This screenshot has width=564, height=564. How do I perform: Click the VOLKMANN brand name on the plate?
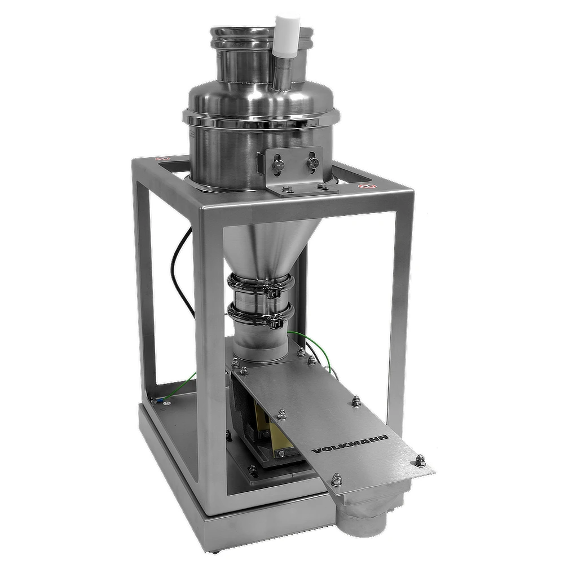pos(350,444)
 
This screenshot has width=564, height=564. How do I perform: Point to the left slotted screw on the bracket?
pos(279,165)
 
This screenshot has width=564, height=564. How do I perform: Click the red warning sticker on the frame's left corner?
pos(164,158)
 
